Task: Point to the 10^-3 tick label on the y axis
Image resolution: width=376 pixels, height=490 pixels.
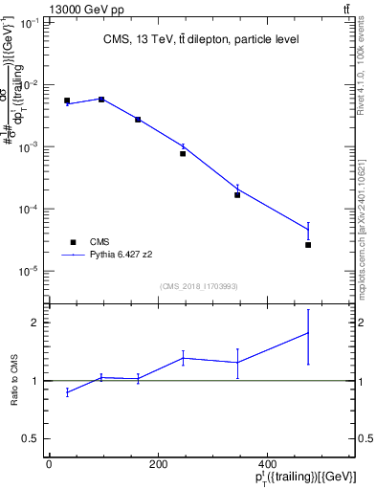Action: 31,147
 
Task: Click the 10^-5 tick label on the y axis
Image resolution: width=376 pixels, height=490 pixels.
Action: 31,271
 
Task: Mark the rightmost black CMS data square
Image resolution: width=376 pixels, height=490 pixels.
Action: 308,245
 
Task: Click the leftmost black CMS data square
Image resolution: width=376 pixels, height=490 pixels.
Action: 67,100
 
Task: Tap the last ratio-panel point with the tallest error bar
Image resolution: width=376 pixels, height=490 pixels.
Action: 308,333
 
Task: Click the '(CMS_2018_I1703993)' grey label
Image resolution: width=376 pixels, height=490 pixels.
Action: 200,285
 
